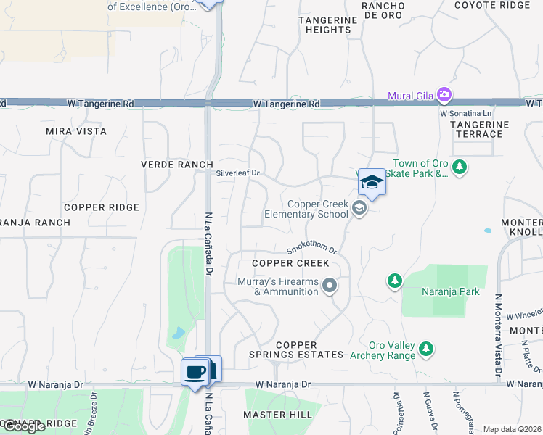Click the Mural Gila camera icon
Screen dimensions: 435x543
(444, 95)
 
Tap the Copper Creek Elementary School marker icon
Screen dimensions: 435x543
(359, 209)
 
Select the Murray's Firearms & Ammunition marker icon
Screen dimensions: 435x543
(330, 286)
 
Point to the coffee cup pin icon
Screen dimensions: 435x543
(194, 373)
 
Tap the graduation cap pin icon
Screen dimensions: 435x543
(372, 182)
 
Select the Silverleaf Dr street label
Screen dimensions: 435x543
(237, 174)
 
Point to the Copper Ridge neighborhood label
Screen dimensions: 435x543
(101, 207)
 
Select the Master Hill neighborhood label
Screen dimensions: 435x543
(277, 415)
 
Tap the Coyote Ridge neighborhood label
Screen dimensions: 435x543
(492, 5)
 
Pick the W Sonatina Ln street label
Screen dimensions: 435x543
(466, 113)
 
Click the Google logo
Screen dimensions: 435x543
(23, 426)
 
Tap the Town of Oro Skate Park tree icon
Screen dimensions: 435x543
(459, 168)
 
